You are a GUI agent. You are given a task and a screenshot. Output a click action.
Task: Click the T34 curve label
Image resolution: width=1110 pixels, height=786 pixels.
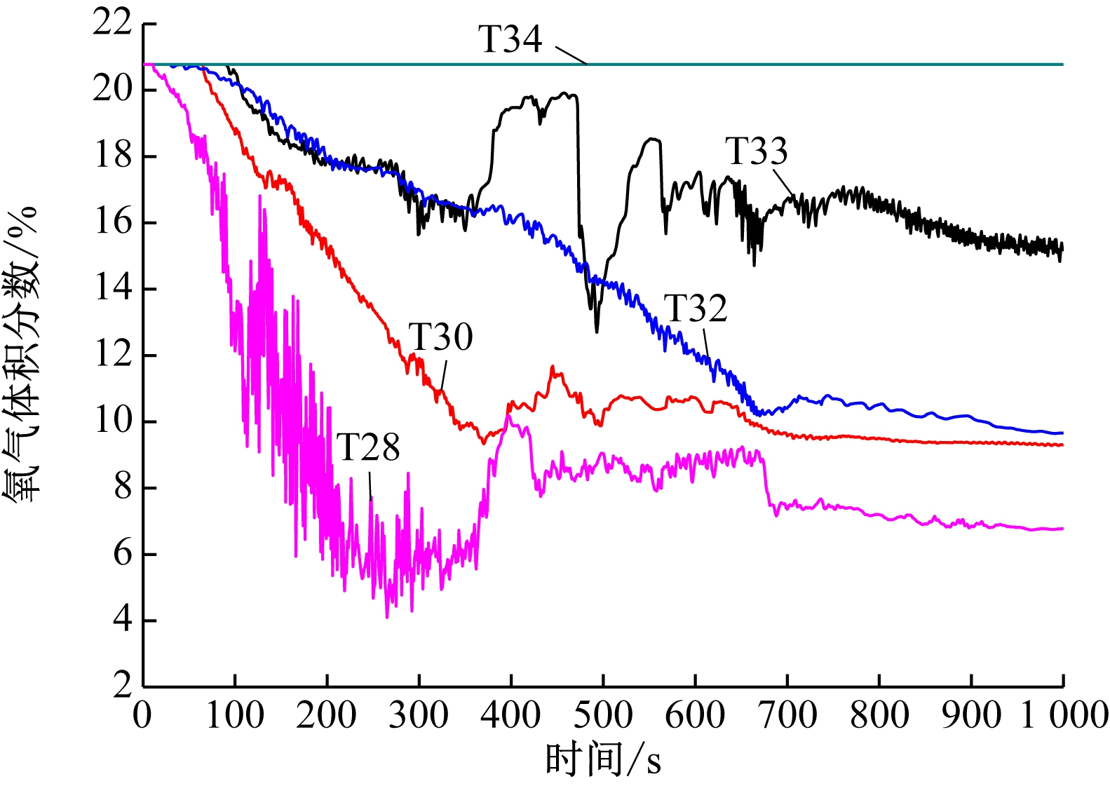point(510,39)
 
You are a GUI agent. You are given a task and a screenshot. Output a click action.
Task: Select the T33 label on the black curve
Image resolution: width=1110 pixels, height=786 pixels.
point(756,151)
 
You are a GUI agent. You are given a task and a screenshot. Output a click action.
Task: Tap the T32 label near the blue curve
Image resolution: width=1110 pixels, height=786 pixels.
point(695,309)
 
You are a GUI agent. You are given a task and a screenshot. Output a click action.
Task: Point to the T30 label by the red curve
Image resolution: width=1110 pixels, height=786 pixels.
point(440,337)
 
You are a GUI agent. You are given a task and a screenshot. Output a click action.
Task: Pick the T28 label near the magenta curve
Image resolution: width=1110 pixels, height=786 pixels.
point(368,447)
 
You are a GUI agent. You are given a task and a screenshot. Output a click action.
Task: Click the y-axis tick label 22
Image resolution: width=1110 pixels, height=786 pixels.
point(112,23)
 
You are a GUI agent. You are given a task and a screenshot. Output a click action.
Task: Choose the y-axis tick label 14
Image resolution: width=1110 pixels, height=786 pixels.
point(112,288)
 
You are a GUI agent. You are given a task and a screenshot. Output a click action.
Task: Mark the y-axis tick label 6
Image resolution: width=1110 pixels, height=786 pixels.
point(122,554)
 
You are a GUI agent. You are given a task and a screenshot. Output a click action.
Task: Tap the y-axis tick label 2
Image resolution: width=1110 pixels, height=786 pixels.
point(122,685)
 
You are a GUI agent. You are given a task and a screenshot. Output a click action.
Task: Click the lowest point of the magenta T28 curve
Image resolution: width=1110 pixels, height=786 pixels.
point(387,617)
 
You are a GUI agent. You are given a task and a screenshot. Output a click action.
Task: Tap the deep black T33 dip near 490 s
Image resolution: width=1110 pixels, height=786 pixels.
point(597,332)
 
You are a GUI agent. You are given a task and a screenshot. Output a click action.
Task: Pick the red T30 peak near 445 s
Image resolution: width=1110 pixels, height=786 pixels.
point(553,367)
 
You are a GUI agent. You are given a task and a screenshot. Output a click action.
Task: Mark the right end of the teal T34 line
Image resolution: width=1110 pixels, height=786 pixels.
point(1062,65)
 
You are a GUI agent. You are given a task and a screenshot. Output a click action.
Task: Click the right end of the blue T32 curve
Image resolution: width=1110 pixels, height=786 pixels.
point(1062,433)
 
